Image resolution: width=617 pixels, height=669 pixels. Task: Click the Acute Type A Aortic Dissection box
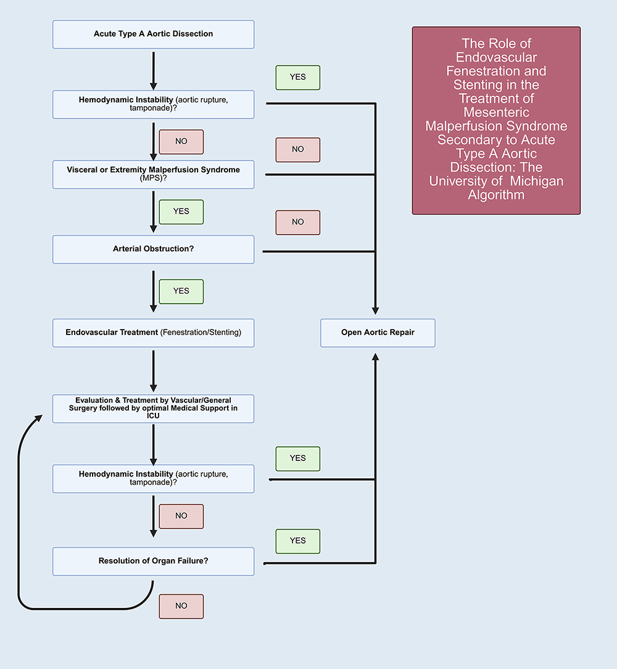pyautogui.click(x=153, y=34)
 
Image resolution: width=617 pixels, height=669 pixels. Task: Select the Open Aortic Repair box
pyautogui.click(x=378, y=333)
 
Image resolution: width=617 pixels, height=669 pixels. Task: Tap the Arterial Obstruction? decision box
pyautogui.click(x=153, y=249)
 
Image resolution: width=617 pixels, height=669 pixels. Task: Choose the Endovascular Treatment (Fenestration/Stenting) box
pyautogui.click(x=153, y=333)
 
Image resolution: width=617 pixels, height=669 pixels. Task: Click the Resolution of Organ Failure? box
pyautogui.click(x=153, y=562)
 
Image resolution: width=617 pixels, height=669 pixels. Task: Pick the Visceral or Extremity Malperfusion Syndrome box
pyautogui.click(x=153, y=175)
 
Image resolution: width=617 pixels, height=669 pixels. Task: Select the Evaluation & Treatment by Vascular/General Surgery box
pyautogui.click(x=153, y=409)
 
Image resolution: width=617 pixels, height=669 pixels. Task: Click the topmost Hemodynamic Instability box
pyautogui.click(x=153, y=104)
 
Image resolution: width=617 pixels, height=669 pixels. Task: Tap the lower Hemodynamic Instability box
pyautogui.click(x=153, y=479)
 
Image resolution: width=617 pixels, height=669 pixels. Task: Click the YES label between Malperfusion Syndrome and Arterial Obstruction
pyautogui.click(x=181, y=212)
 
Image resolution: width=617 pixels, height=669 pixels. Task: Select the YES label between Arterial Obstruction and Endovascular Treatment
pyautogui.click(x=181, y=291)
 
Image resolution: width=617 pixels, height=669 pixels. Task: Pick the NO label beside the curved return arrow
pyautogui.click(x=181, y=606)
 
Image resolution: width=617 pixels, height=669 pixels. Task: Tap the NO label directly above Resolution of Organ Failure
pyautogui.click(x=181, y=517)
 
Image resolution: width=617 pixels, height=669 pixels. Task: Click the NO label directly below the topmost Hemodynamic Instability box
pyautogui.click(x=181, y=142)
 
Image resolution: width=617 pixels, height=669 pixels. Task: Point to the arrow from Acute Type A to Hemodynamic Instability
pyautogui.click(x=154, y=71)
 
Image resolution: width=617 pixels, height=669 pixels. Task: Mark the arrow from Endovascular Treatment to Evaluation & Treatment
pyautogui.click(x=154, y=371)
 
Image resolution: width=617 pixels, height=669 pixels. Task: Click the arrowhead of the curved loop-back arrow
pyautogui.click(x=39, y=418)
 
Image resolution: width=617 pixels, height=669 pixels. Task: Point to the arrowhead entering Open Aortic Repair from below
pyautogui.click(x=376, y=357)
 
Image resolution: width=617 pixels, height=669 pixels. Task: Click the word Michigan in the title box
pyautogui.click(x=537, y=181)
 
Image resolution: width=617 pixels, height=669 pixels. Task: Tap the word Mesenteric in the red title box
pyautogui.click(x=496, y=112)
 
